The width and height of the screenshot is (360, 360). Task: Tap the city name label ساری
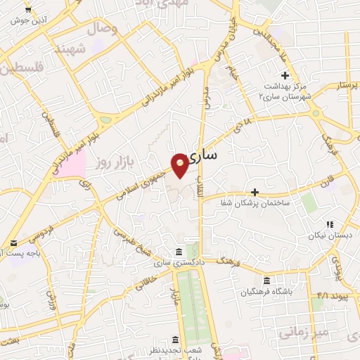pos(217,153)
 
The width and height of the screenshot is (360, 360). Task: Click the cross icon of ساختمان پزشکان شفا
pos(255,191)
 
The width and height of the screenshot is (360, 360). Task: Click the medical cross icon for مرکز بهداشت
pos(285,75)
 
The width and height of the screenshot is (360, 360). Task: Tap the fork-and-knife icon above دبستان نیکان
pos(329,225)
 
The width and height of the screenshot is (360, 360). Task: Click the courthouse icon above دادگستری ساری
pos(179,252)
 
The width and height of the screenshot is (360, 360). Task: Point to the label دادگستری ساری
pos(179,263)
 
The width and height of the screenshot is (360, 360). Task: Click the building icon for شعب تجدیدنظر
pos(176,339)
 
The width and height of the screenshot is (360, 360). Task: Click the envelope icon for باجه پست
pos(14,244)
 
